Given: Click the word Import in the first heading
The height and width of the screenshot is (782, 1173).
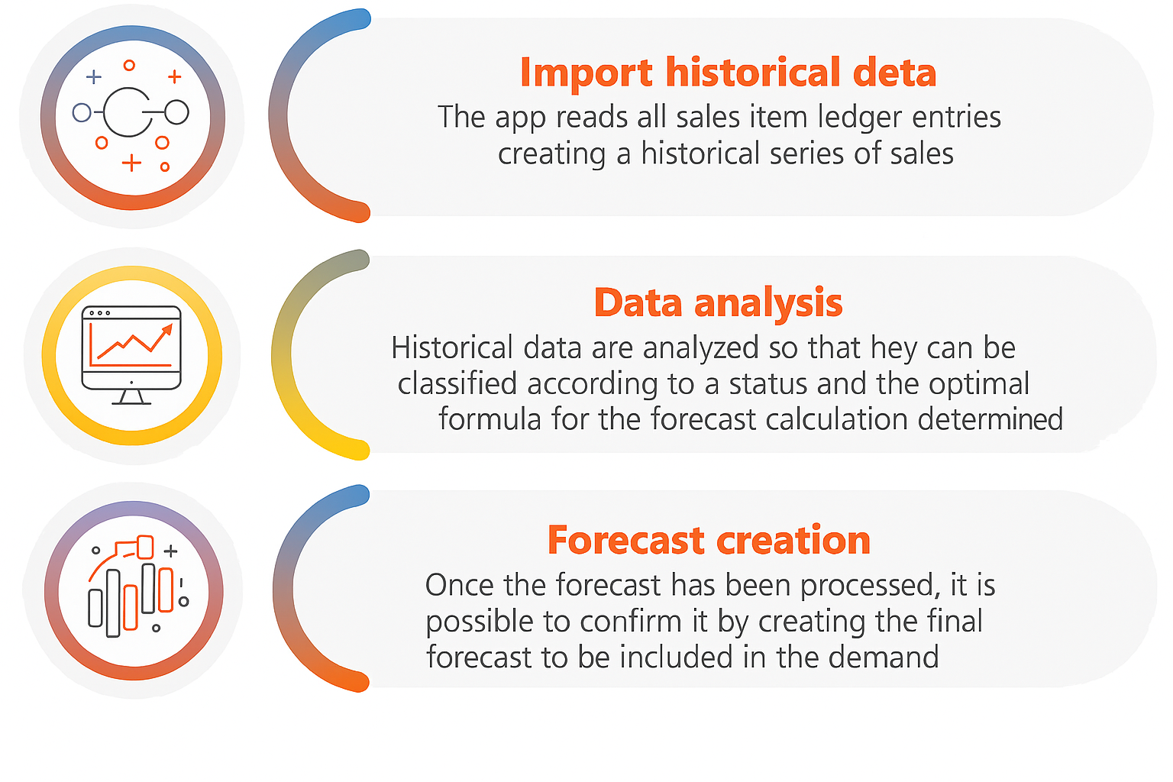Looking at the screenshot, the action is (586, 73).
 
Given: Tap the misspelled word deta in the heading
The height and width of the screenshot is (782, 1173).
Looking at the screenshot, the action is (894, 73).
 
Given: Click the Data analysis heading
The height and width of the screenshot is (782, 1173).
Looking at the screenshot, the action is (718, 305).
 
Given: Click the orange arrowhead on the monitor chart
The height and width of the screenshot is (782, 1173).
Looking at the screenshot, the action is (167, 329).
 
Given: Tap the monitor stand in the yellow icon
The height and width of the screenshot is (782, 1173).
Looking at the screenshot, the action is (131, 397).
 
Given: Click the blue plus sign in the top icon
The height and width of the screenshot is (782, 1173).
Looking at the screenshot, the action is (94, 78).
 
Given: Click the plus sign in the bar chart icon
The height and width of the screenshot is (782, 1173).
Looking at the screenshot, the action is (171, 551).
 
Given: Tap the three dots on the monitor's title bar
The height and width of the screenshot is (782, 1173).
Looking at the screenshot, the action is (99, 313).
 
